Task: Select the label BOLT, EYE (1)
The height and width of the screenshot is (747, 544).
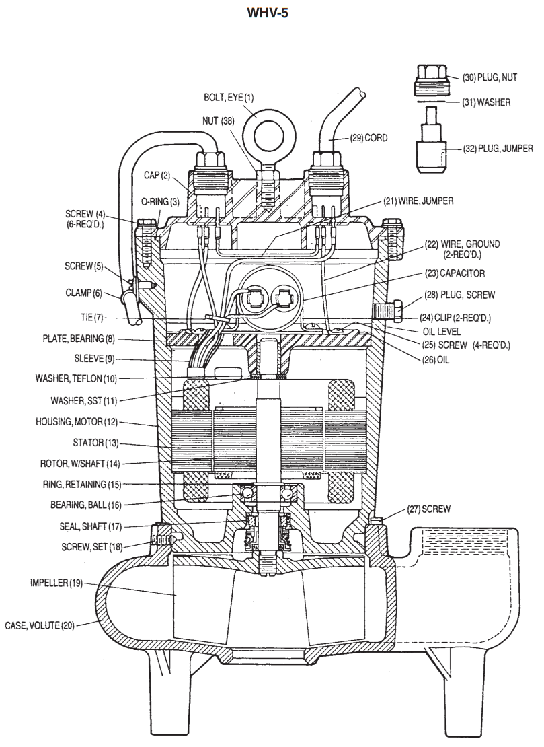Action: click(229, 98)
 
